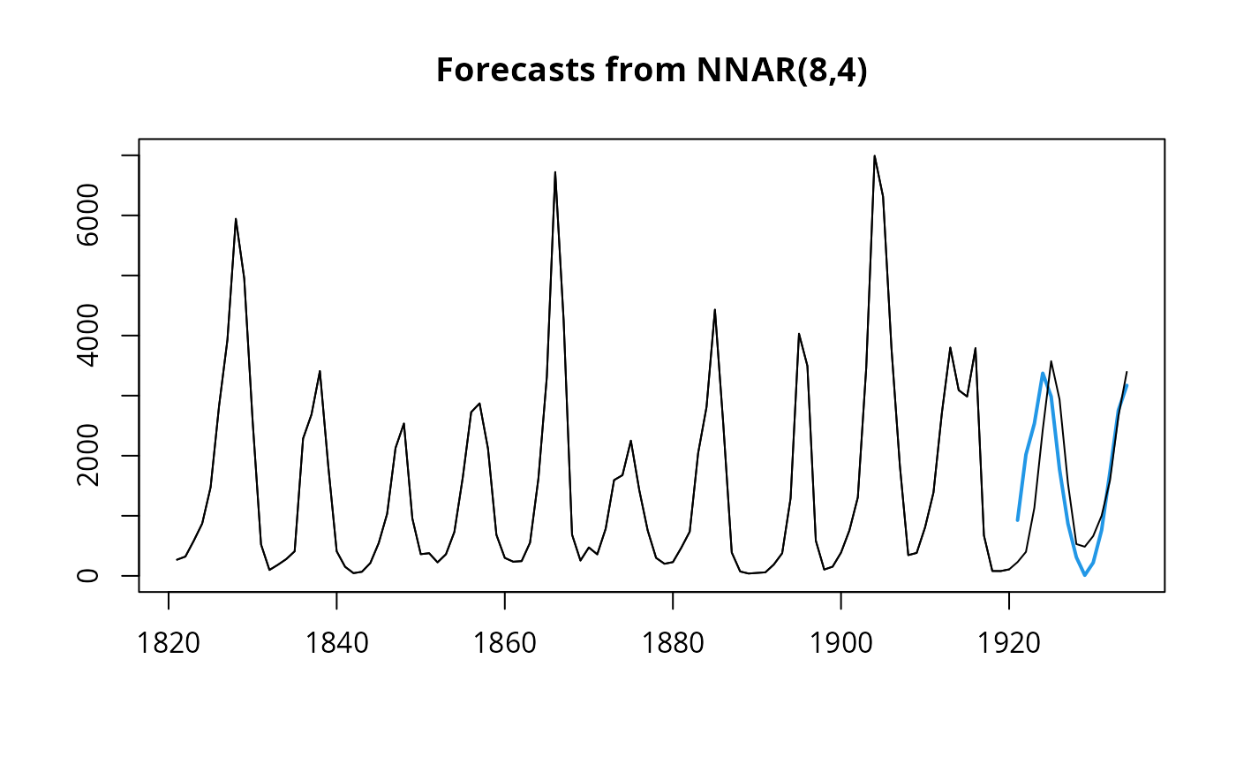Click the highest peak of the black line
click(874, 156)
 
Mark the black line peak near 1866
click(554, 172)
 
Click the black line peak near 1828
click(236, 219)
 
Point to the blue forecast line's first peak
click(1043, 373)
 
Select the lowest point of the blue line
click(1085, 575)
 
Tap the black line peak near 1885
click(714, 309)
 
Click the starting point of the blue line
click(1017, 520)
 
